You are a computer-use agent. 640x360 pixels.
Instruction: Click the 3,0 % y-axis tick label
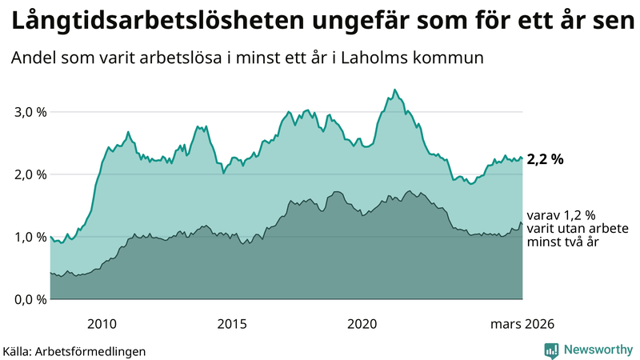pos(31,112)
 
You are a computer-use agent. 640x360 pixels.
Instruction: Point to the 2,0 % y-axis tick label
pos(31,174)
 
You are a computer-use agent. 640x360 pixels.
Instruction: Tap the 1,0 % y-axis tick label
pos(31,237)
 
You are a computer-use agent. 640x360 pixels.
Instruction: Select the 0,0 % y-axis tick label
pos(31,299)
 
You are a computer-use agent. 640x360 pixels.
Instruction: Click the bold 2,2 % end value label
pos(545,159)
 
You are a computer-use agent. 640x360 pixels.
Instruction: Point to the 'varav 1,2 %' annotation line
pos(561,215)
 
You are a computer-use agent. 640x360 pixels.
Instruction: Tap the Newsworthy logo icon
pos(552,350)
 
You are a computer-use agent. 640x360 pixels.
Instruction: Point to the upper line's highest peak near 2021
pos(395,90)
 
